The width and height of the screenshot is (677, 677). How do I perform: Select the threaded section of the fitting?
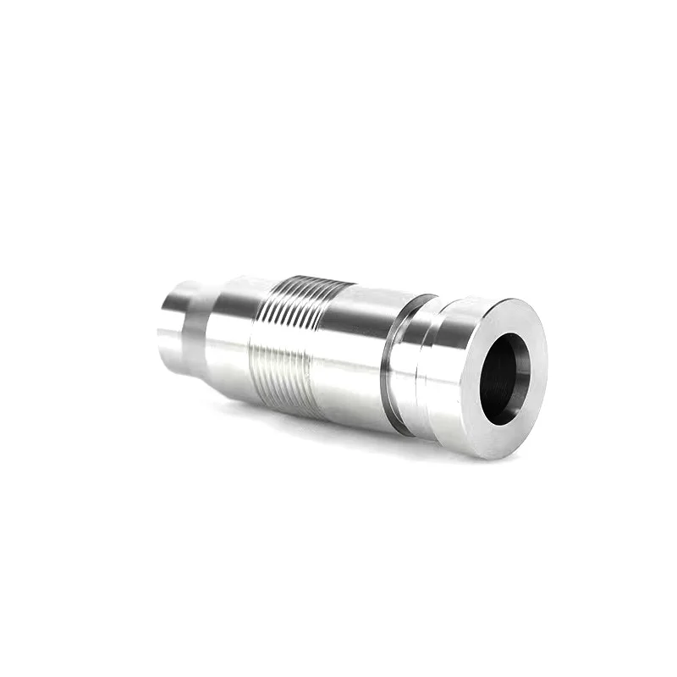pos(288,338)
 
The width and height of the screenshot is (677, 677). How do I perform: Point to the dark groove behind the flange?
pos(391,355)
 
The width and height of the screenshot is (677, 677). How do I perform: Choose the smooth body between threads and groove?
pos(351,347)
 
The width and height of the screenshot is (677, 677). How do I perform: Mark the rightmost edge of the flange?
pos(547,372)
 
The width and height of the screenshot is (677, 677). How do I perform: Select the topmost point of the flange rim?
pos(508,298)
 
